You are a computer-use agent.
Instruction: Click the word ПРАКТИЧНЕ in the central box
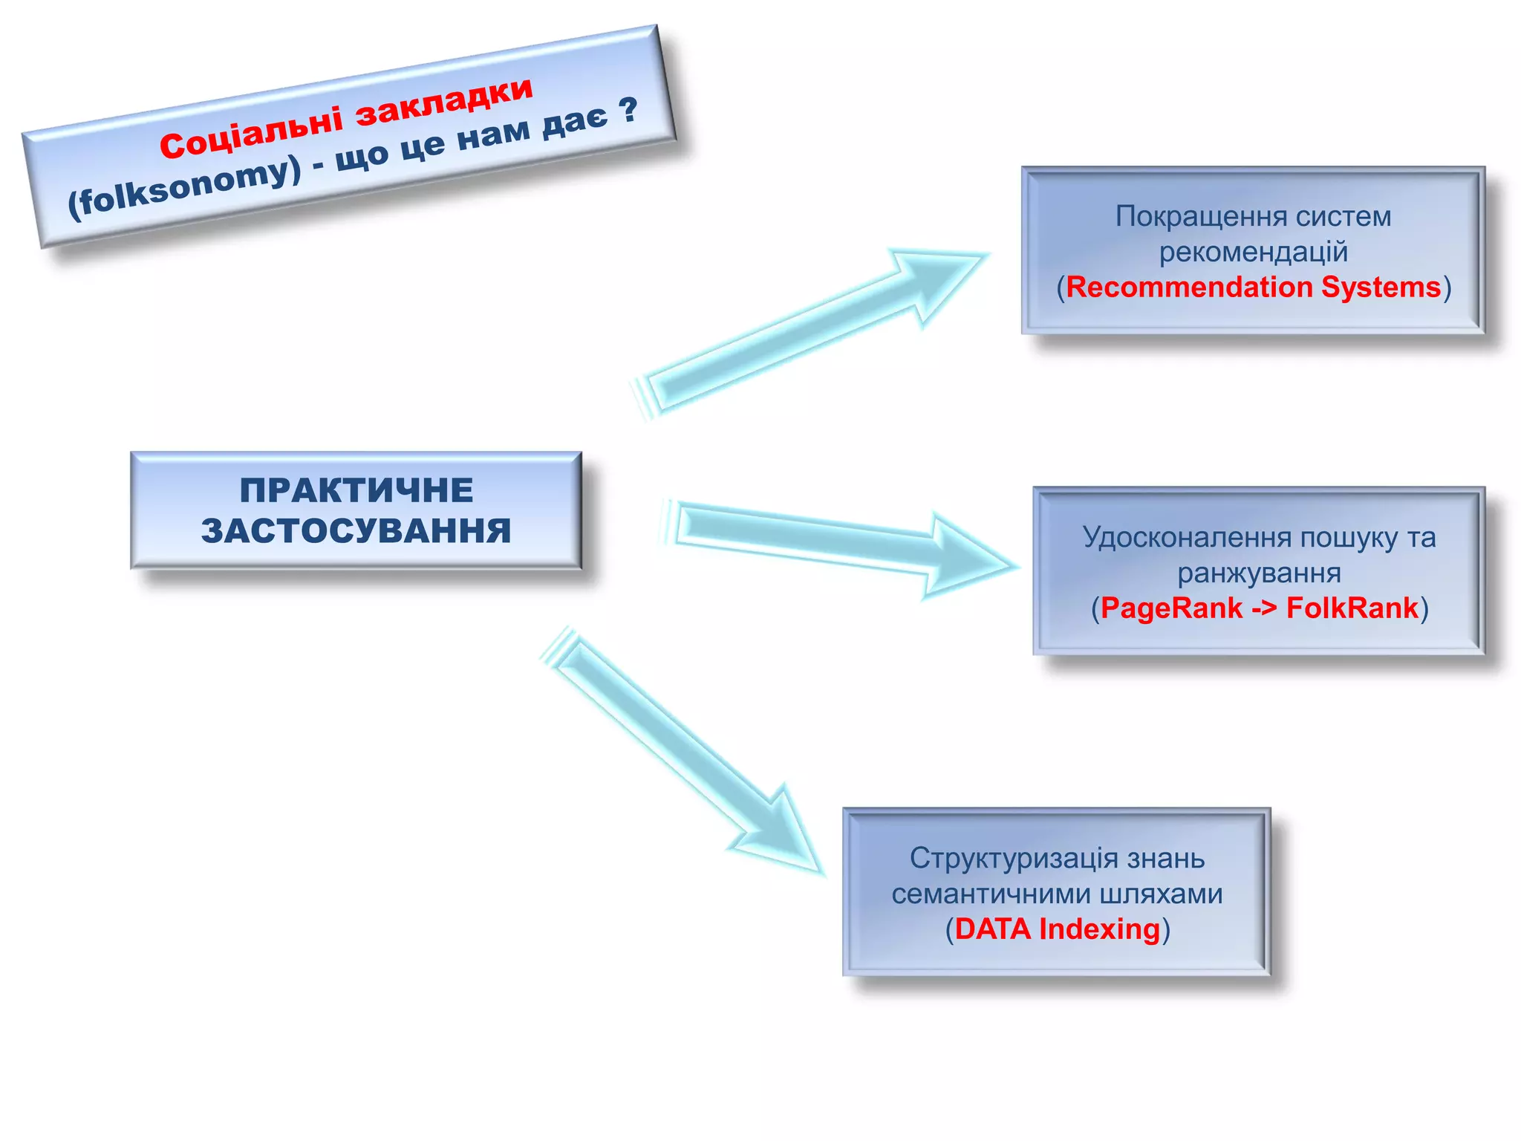point(356,490)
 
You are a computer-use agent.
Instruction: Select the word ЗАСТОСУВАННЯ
point(356,531)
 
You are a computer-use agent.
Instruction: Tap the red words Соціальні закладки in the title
point(346,118)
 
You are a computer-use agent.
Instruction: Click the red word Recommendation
point(1189,287)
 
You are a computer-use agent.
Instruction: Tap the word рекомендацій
point(1253,252)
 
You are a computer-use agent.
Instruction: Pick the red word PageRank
point(1171,608)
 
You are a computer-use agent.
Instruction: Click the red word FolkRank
point(1352,608)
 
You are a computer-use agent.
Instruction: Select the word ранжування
point(1259,573)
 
